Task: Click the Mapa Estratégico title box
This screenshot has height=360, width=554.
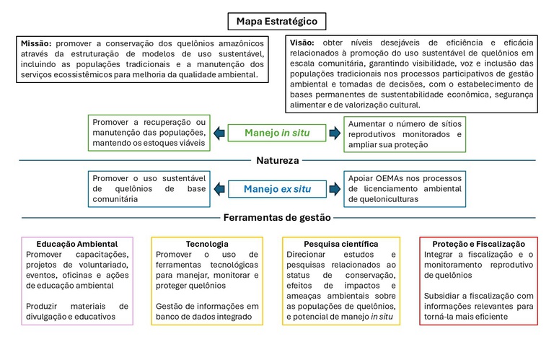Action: click(276, 21)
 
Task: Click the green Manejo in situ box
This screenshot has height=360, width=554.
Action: click(276, 133)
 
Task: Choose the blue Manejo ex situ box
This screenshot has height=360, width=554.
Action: click(276, 189)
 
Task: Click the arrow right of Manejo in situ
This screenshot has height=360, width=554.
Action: click(334, 133)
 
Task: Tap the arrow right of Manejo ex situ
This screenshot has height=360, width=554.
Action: click(334, 189)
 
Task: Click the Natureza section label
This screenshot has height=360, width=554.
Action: click(276, 161)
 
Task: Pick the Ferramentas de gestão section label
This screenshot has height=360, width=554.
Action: click(276, 217)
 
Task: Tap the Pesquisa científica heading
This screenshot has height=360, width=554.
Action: click(341, 245)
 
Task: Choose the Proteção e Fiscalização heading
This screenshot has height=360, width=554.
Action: click(479, 245)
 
